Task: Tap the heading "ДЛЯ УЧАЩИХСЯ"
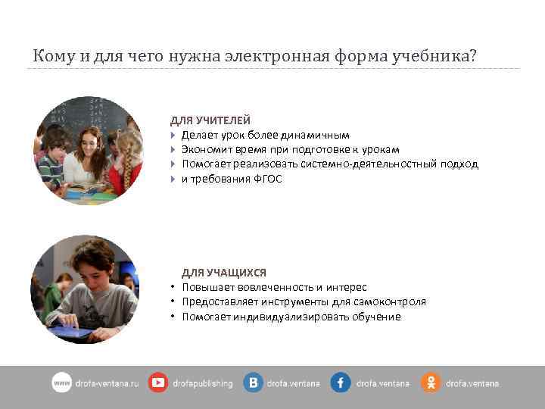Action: click(x=223, y=273)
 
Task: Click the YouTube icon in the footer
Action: click(x=158, y=383)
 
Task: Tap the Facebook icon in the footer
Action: click(x=340, y=383)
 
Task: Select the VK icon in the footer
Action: click(x=253, y=383)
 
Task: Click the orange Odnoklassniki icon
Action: click(x=430, y=383)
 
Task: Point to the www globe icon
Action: click(x=61, y=383)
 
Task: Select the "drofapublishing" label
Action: click(x=202, y=384)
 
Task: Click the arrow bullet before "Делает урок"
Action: click(x=173, y=136)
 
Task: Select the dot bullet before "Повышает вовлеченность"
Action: click(x=173, y=288)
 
